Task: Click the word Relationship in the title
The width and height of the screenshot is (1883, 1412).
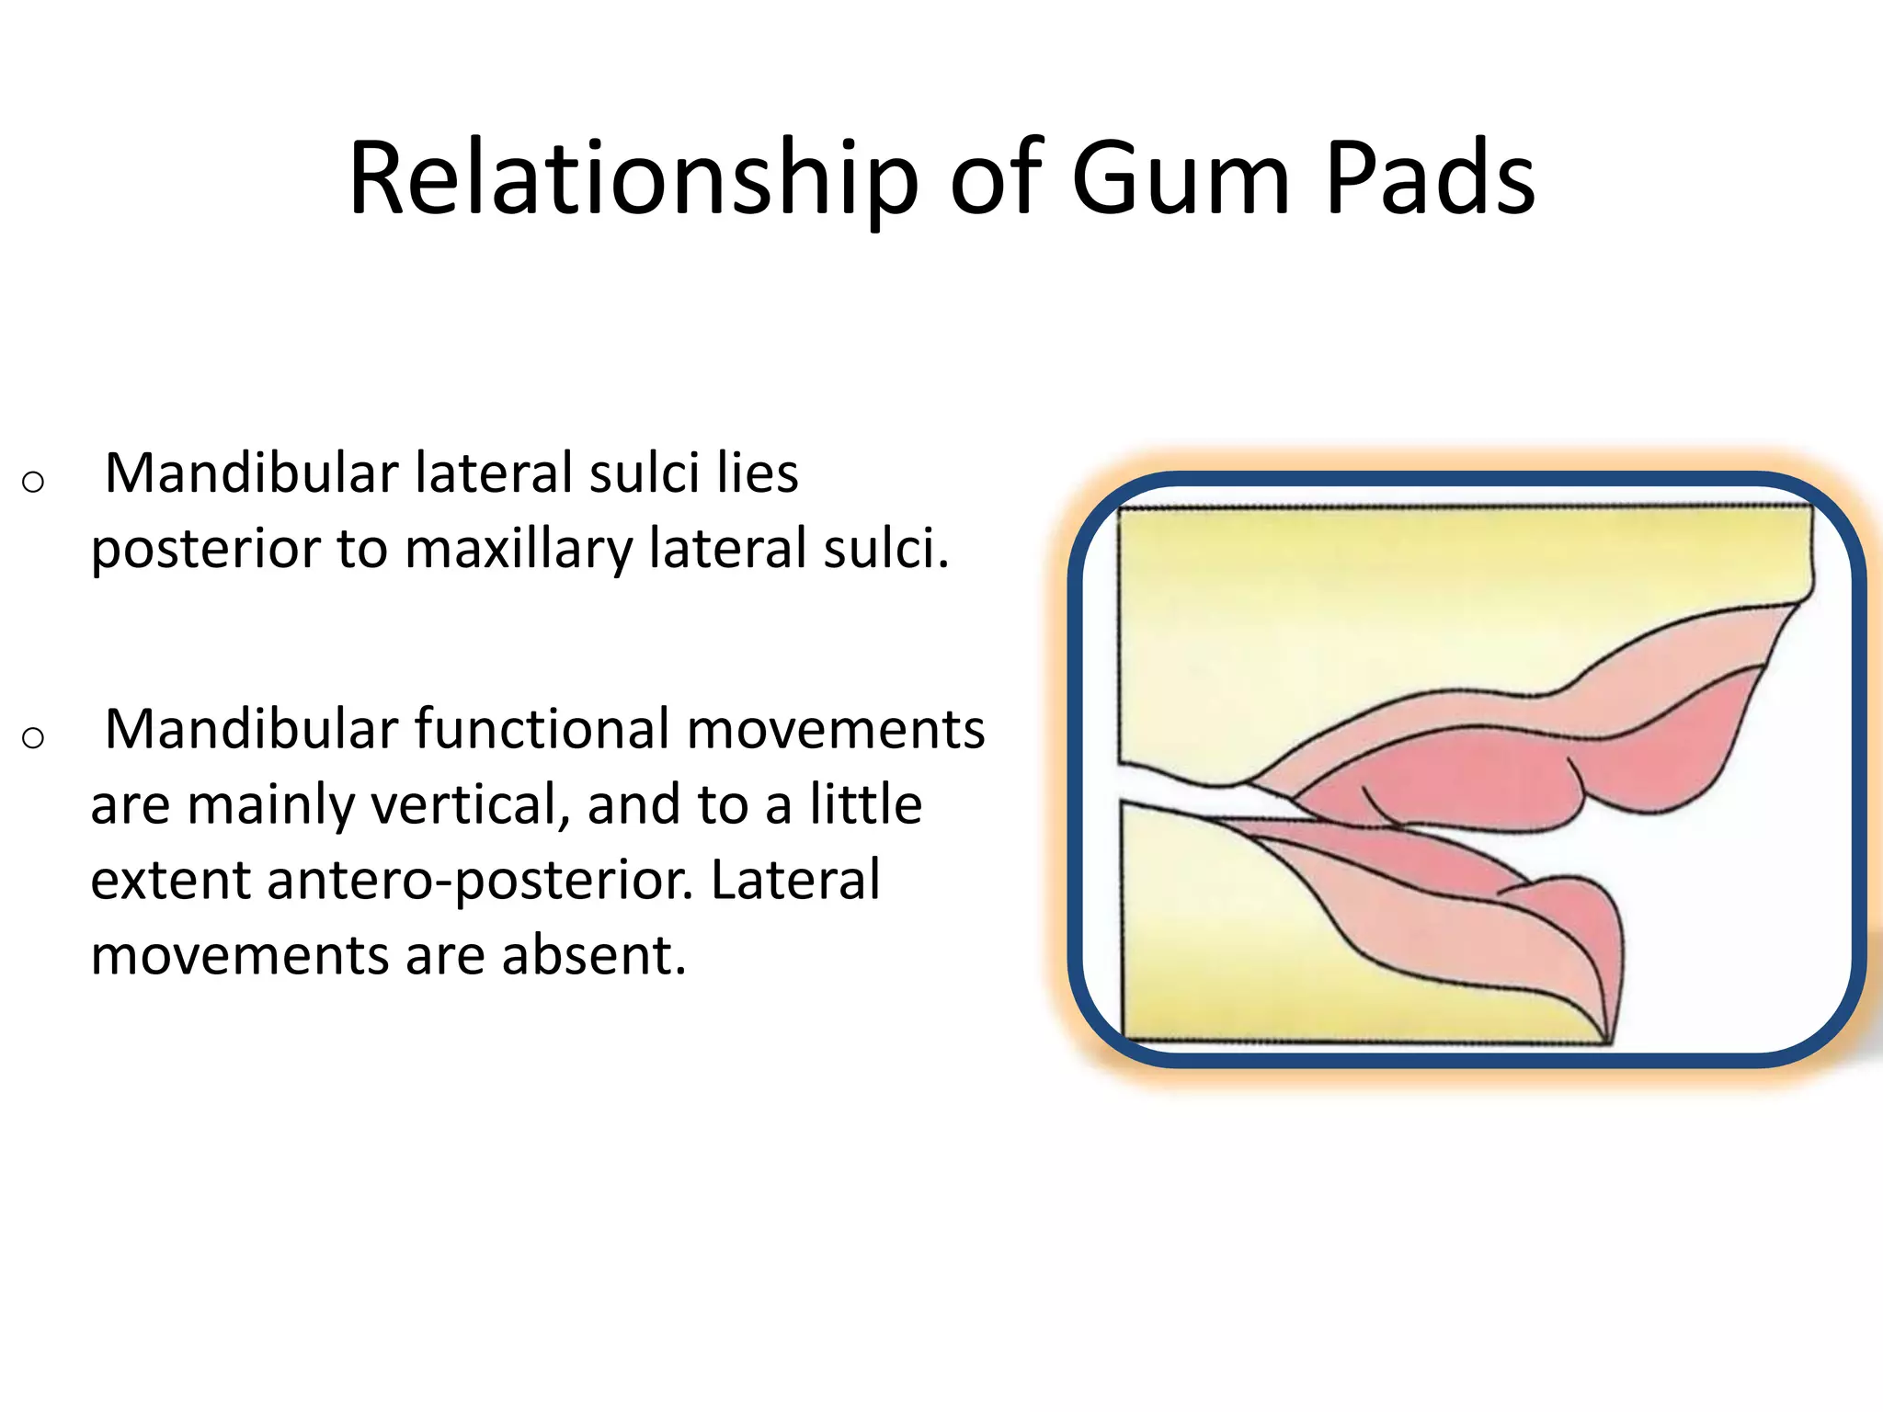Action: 633,180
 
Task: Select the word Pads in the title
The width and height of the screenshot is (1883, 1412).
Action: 1431,180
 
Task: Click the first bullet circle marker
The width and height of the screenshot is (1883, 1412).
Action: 33,482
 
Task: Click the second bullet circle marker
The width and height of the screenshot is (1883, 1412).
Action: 33,737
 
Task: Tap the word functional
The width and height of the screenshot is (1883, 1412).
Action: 542,730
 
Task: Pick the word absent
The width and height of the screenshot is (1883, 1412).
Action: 594,956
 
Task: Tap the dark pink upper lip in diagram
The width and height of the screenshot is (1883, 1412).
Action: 1471,781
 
